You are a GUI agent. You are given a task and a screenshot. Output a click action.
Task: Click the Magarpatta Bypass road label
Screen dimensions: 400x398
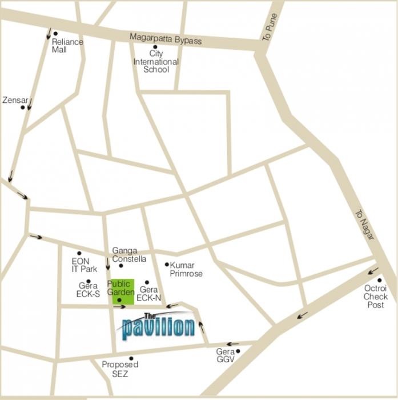pyautogui.click(x=166, y=39)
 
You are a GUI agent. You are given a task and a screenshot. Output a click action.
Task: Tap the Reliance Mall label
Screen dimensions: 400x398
pyautogui.click(x=67, y=46)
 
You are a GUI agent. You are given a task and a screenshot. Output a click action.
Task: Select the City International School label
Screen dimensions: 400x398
pyautogui.click(x=156, y=62)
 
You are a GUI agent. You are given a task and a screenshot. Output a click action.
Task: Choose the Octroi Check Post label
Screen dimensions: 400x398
pyautogui.click(x=375, y=297)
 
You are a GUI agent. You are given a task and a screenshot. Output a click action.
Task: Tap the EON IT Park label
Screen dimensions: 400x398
pyautogui.click(x=81, y=265)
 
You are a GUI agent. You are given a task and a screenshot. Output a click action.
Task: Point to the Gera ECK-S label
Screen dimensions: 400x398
pyautogui.click(x=89, y=290)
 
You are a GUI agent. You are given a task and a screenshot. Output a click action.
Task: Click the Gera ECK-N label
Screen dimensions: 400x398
pyautogui.click(x=148, y=294)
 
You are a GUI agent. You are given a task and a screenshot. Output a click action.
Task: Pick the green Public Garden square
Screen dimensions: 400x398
pyautogui.click(x=122, y=291)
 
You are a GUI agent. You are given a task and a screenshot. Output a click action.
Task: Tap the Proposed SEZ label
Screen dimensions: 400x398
pyautogui.click(x=120, y=369)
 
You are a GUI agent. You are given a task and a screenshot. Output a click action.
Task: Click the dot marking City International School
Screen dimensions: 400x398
pyautogui.click(x=155, y=47)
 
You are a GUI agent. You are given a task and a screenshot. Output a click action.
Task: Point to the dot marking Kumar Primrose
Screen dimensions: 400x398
pyautogui.click(x=167, y=265)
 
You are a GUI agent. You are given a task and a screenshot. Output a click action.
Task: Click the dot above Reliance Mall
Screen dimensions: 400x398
pyautogui.click(x=55, y=34)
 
